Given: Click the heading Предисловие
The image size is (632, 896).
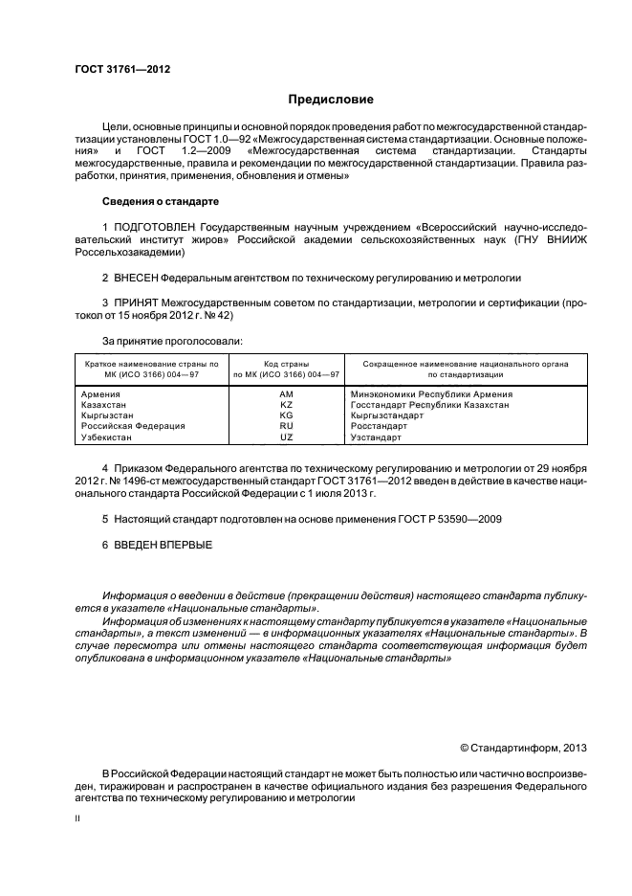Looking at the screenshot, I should click(331, 100).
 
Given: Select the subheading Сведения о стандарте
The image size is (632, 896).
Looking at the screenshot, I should click(160, 202).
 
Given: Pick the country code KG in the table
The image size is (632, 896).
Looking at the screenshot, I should click(286, 415).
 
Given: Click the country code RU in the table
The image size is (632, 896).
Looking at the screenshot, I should click(286, 426).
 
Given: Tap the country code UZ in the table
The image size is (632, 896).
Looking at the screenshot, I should click(286, 437).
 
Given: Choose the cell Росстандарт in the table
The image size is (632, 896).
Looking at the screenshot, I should click(379, 426).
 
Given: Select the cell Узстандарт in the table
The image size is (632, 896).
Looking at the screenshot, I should click(377, 437).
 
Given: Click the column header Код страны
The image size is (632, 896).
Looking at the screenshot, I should click(286, 364).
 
